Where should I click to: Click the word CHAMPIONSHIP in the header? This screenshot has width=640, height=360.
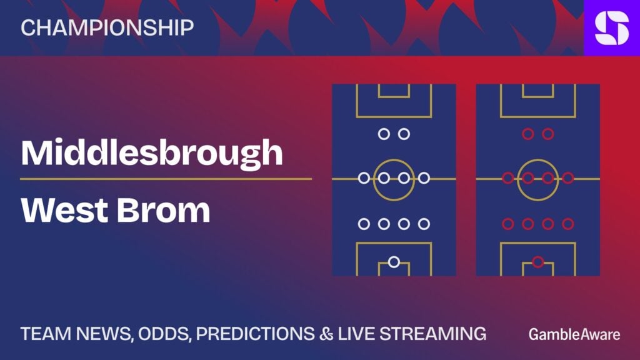(107, 27)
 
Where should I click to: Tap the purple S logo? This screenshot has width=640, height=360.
(612, 27)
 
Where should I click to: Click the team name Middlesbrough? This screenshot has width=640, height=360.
(151, 153)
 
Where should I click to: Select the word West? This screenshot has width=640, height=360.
(65, 210)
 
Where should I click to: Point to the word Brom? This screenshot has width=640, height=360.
(164, 210)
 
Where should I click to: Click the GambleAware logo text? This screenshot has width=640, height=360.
(574, 335)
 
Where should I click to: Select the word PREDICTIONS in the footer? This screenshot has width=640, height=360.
(256, 334)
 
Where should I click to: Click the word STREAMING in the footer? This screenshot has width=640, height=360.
(433, 334)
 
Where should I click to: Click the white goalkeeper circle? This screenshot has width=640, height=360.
(394, 262)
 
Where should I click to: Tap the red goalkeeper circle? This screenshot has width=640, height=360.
(538, 262)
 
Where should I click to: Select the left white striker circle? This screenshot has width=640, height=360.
(384, 134)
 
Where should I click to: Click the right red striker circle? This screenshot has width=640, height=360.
(548, 134)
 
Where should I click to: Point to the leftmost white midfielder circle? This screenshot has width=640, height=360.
(364, 178)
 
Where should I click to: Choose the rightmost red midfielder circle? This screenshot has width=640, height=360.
(568, 178)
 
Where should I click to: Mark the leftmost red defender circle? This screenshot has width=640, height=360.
(508, 224)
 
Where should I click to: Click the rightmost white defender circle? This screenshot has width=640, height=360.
(424, 224)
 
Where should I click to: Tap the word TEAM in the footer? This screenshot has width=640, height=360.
(46, 334)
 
